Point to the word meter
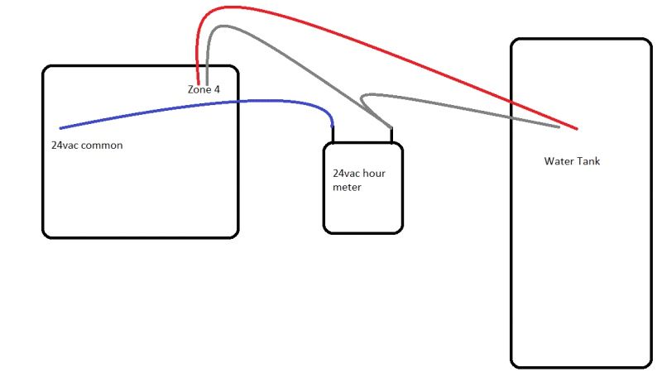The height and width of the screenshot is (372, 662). tap(347, 188)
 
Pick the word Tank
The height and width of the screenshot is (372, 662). tap(588, 161)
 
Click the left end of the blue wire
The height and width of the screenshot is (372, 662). tap(61, 128)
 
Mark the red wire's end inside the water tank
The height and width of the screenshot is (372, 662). tap(576, 129)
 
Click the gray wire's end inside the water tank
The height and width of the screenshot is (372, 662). tap(559, 127)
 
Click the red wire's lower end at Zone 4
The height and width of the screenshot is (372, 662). tap(197, 80)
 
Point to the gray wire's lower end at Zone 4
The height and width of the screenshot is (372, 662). tap(207, 80)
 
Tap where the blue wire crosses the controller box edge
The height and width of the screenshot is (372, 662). tap(238, 102)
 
